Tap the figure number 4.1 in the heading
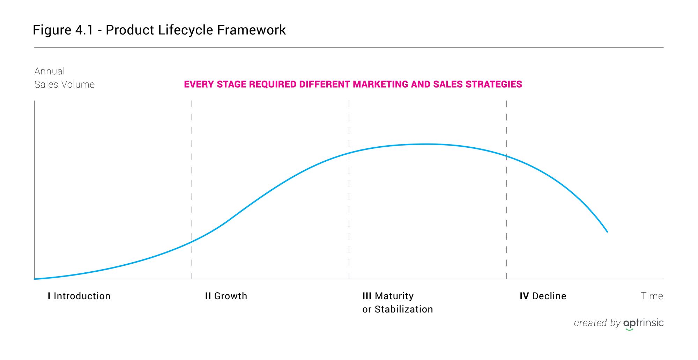84,30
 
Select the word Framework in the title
251,30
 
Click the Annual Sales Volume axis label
65,78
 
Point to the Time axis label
652,296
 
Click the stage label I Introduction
79,296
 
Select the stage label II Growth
226,296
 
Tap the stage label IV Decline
543,296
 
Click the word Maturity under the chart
394,296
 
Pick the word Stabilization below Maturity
404,309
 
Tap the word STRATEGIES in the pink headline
494,85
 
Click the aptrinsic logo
644,324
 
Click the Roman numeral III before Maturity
367,296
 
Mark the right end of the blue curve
607,232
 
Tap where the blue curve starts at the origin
35,279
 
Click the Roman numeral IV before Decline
524,296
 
